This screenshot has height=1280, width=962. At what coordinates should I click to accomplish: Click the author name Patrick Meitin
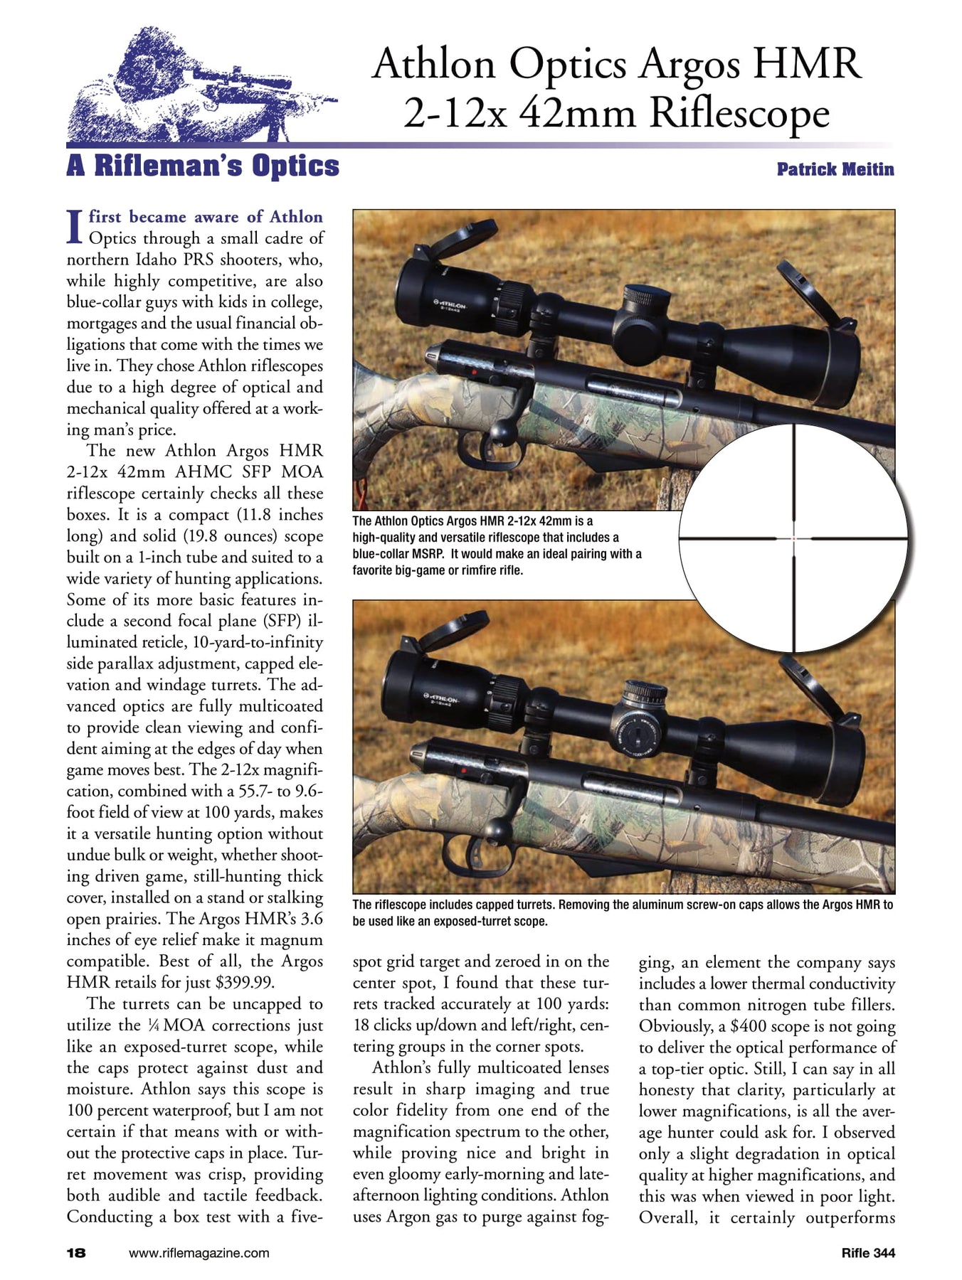(835, 169)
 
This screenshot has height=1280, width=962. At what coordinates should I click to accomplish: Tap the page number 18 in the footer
(76, 1252)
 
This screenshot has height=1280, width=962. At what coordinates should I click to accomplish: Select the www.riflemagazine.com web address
(199, 1252)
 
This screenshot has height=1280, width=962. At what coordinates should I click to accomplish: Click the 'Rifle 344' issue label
(867, 1252)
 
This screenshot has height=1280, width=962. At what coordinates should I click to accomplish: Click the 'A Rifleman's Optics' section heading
(203, 166)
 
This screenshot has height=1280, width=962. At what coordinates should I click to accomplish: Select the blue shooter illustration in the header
(199, 85)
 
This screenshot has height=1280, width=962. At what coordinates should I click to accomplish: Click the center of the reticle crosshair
(793, 538)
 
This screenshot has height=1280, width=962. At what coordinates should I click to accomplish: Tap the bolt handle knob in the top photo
(504, 431)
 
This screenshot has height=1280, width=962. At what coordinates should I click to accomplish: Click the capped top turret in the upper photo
(647, 298)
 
